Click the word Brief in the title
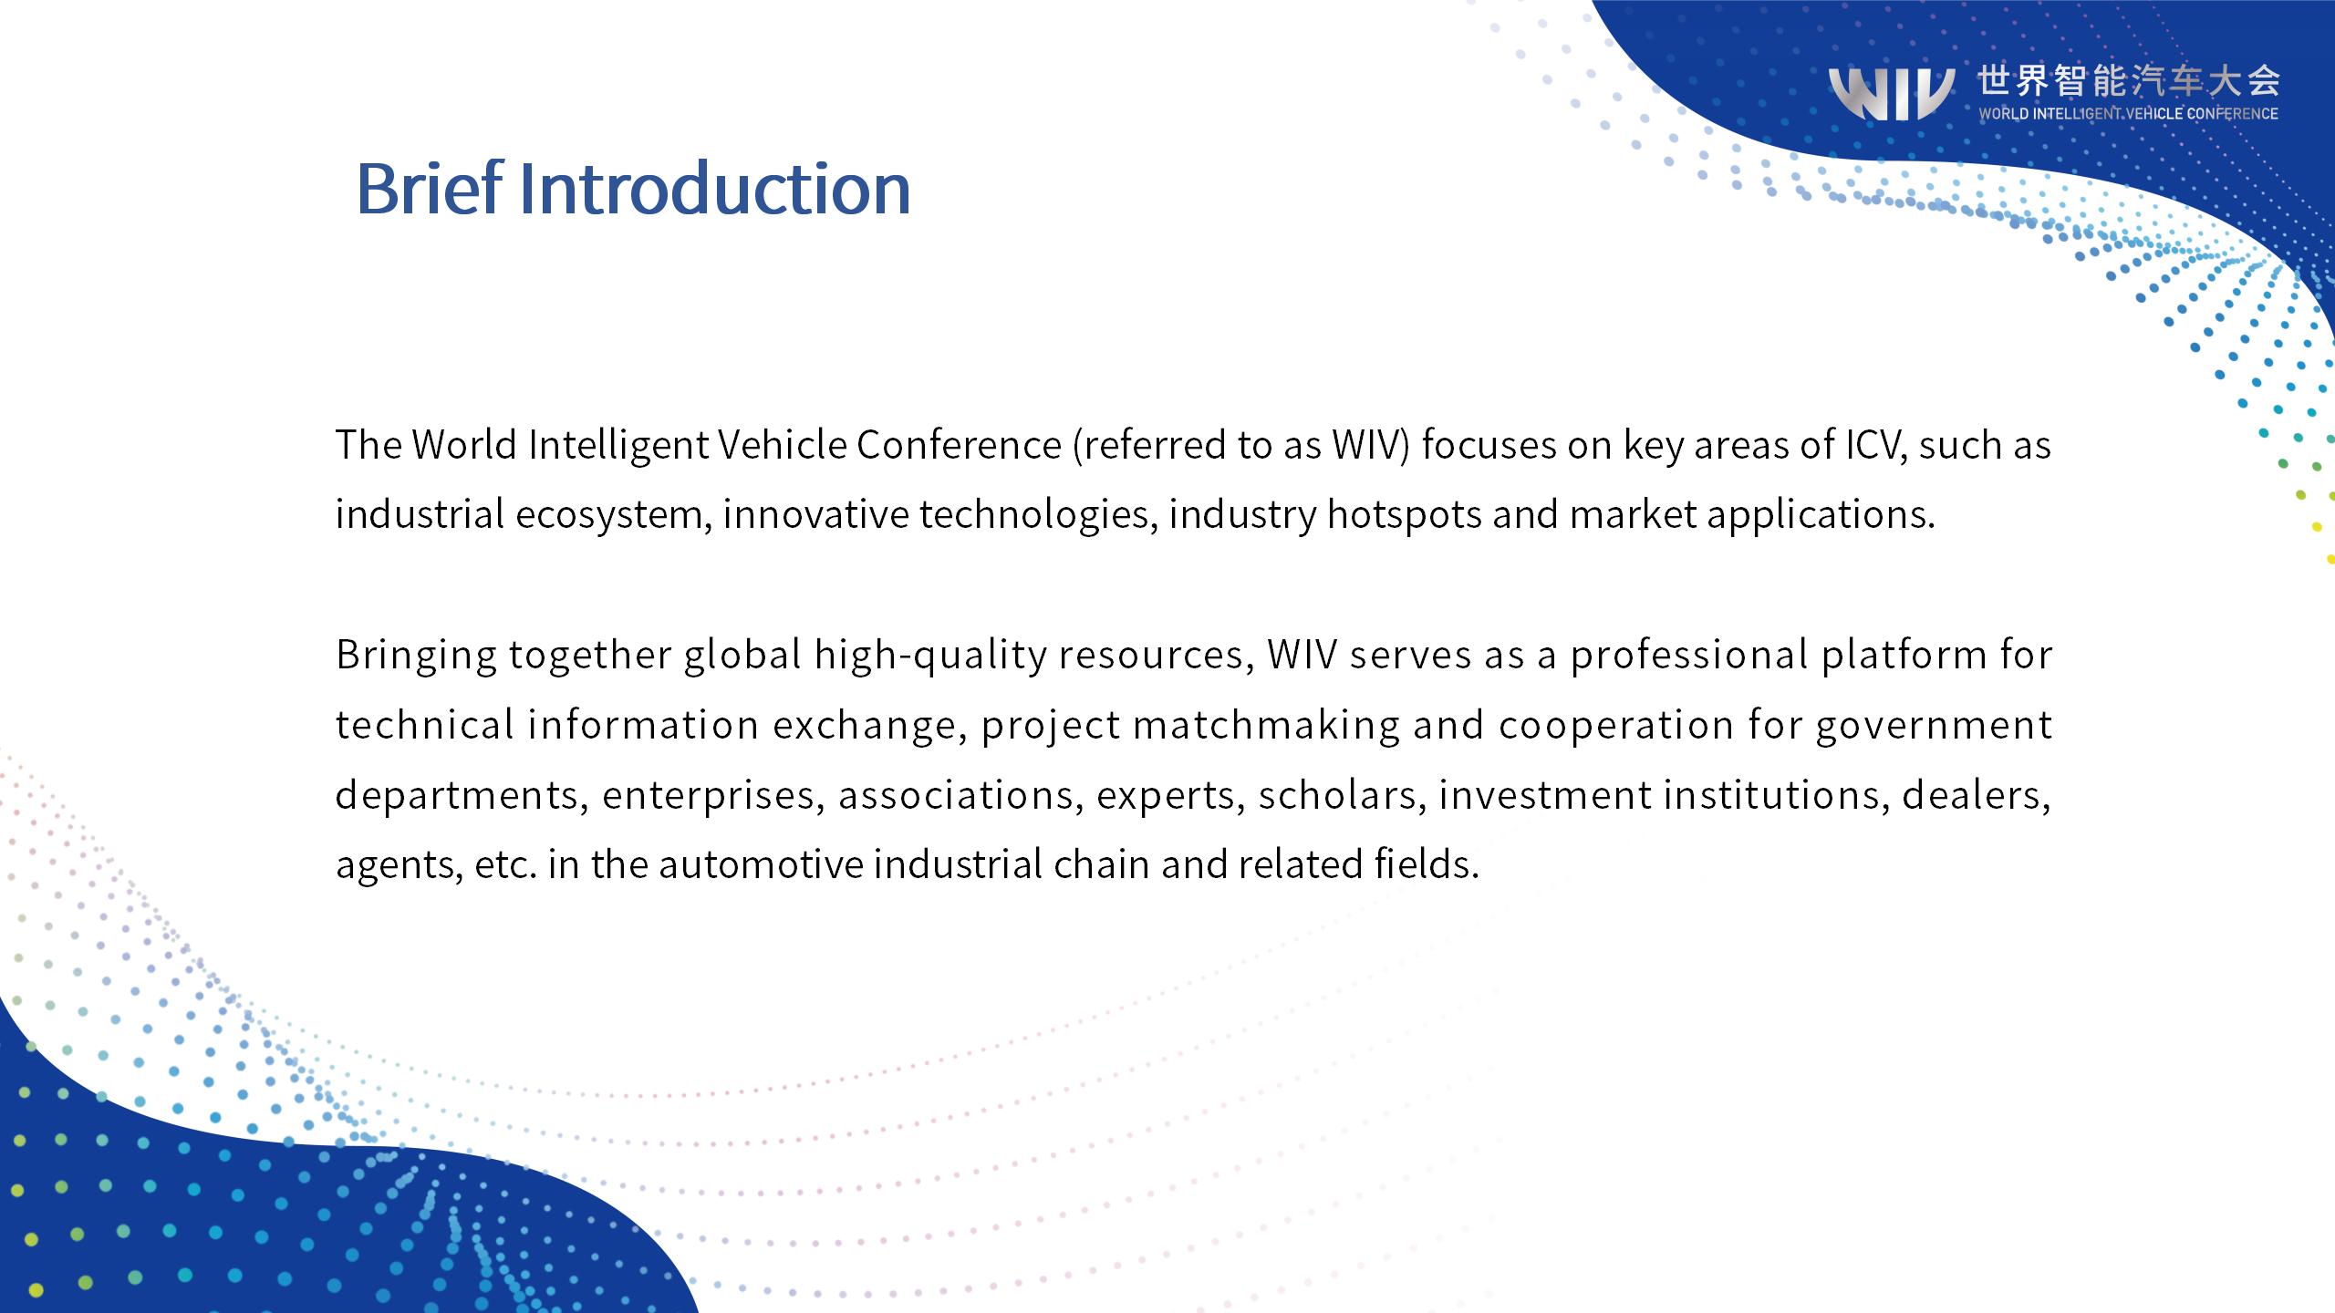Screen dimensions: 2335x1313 point(429,188)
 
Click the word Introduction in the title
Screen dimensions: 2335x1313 point(715,188)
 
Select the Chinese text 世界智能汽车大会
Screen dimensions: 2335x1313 point(2128,81)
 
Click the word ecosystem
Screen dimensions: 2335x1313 point(613,515)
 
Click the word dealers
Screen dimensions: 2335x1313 point(1976,795)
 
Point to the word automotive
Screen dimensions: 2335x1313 point(761,864)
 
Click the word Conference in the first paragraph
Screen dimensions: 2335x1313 point(959,445)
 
